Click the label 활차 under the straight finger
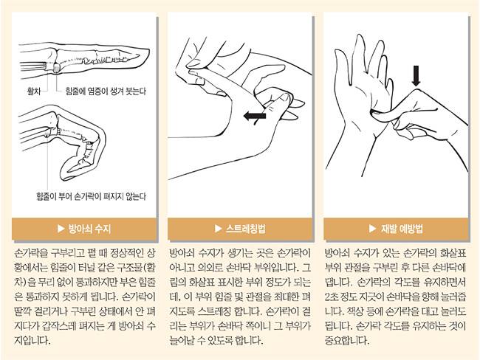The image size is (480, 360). click(x=34, y=91)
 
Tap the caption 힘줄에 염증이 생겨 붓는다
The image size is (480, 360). click(x=106, y=91)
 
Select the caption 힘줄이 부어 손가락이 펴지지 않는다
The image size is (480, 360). click(x=91, y=196)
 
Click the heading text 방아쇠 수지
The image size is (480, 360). click(x=89, y=229)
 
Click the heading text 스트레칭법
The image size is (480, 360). click(x=245, y=229)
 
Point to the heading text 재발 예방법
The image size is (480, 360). click(x=402, y=229)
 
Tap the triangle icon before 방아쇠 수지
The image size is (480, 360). click(x=61, y=229)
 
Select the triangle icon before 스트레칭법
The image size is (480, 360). click(x=218, y=229)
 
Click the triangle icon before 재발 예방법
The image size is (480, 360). click(x=372, y=229)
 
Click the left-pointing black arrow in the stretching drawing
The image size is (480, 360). click(x=255, y=117)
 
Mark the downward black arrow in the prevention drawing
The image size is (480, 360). click(x=416, y=75)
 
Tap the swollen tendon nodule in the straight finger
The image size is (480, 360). click(x=56, y=68)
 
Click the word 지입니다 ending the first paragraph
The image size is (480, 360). click(x=32, y=340)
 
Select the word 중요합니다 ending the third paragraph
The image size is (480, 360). click(x=347, y=340)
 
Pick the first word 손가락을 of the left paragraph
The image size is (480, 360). click(x=32, y=253)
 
